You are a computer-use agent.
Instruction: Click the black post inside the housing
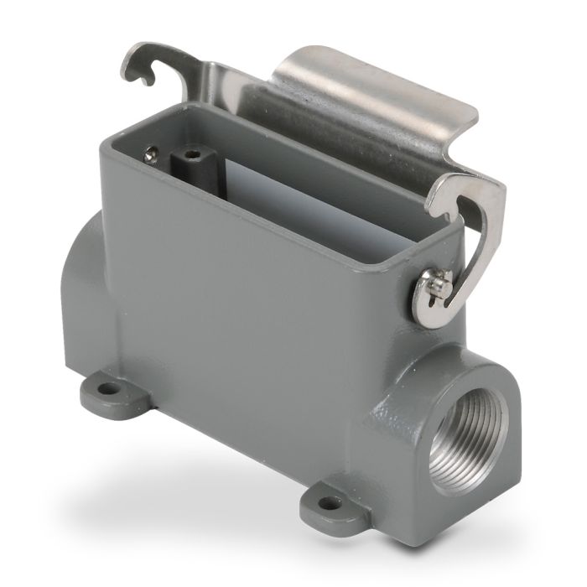tap(191, 169)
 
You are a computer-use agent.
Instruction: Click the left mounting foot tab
tap(105, 390)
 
